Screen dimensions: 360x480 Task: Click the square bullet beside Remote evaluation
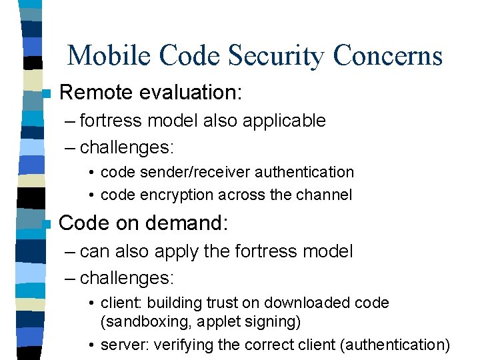pyautogui.click(x=45, y=94)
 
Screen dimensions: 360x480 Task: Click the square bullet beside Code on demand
pyautogui.click(x=45, y=225)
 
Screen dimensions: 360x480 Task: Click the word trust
pyautogui.click(x=221, y=303)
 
